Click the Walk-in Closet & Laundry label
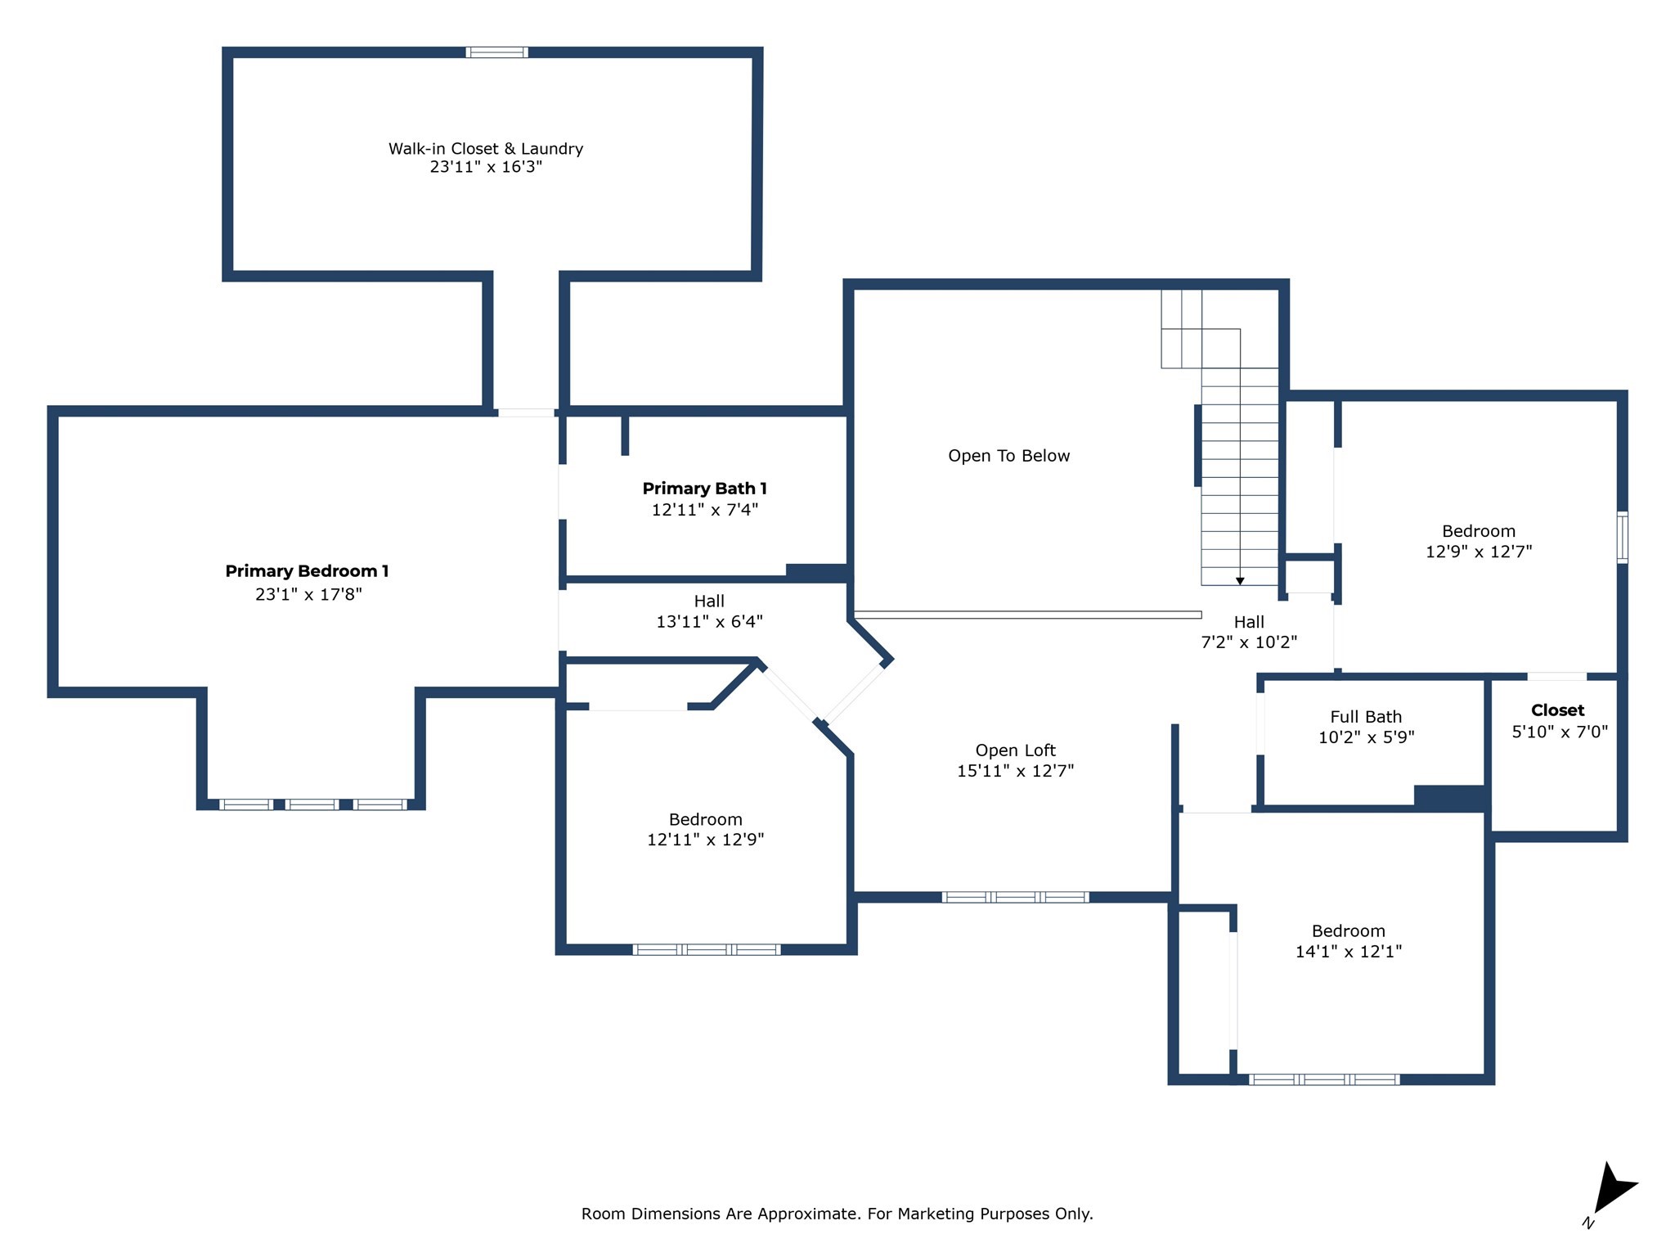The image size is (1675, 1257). (486, 149)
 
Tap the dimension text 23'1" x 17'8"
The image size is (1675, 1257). (308, 594)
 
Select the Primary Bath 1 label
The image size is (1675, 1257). (704, 489)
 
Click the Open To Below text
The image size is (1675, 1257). (1008, 456)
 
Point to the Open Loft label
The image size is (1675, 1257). (1015, 750)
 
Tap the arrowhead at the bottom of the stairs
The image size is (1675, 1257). (1240, 581)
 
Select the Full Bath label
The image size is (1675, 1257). (1366, 717)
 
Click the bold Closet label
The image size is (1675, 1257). (1557, 710)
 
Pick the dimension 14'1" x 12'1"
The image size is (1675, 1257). (1349, 951)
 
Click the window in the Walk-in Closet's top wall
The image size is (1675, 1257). (497, 52)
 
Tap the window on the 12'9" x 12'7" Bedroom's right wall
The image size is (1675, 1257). (1623, 537)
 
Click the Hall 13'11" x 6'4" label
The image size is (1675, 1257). (709, 601)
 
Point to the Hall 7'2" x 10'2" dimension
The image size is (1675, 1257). (1249, 642)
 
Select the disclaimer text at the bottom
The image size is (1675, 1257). (837, 1214)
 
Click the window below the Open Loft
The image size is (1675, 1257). (1015, 897)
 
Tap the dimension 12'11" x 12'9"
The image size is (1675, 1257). (705, 840)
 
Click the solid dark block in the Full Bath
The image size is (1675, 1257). (1449, 797)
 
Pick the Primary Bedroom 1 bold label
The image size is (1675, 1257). (307, 571)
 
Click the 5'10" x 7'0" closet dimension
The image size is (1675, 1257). (1560, 732)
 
